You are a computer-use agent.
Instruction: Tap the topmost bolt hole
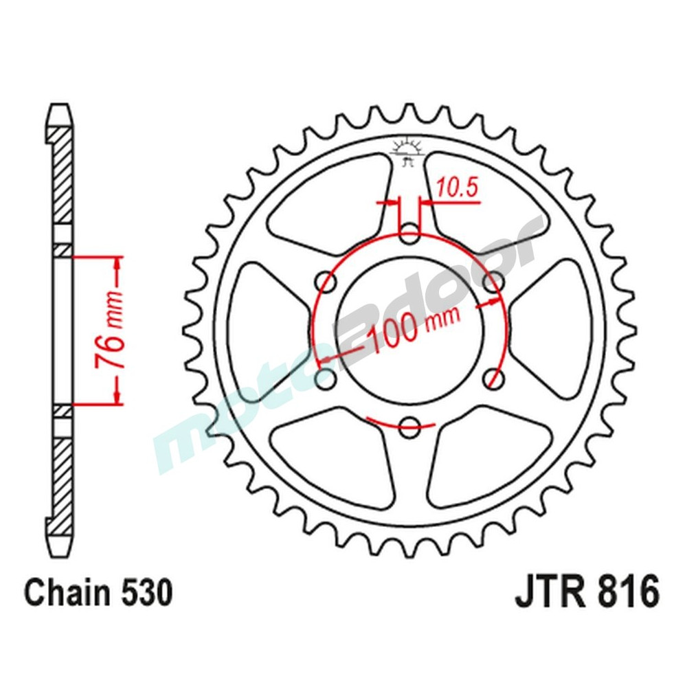click(410, 232)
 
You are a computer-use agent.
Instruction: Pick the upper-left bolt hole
click(326, 280)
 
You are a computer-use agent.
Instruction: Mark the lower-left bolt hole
click(326, 377)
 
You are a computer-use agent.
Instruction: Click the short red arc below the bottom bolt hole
click(402, 420)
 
